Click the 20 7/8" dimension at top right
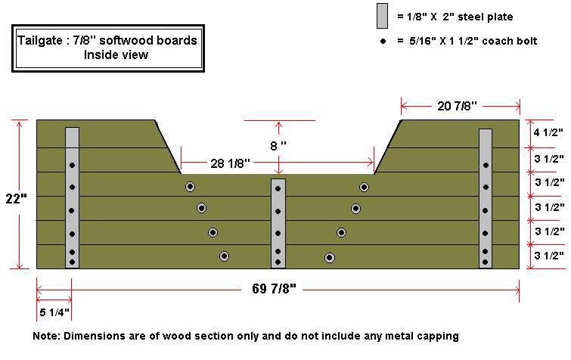460,106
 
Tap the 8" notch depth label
279,144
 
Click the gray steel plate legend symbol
382,16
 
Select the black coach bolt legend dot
383,41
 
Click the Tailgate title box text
107,41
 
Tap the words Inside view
116,54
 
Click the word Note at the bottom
47,335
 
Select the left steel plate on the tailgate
72,197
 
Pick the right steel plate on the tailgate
486,197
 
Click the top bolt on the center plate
278,188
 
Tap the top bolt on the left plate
72,165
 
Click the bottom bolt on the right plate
486,262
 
